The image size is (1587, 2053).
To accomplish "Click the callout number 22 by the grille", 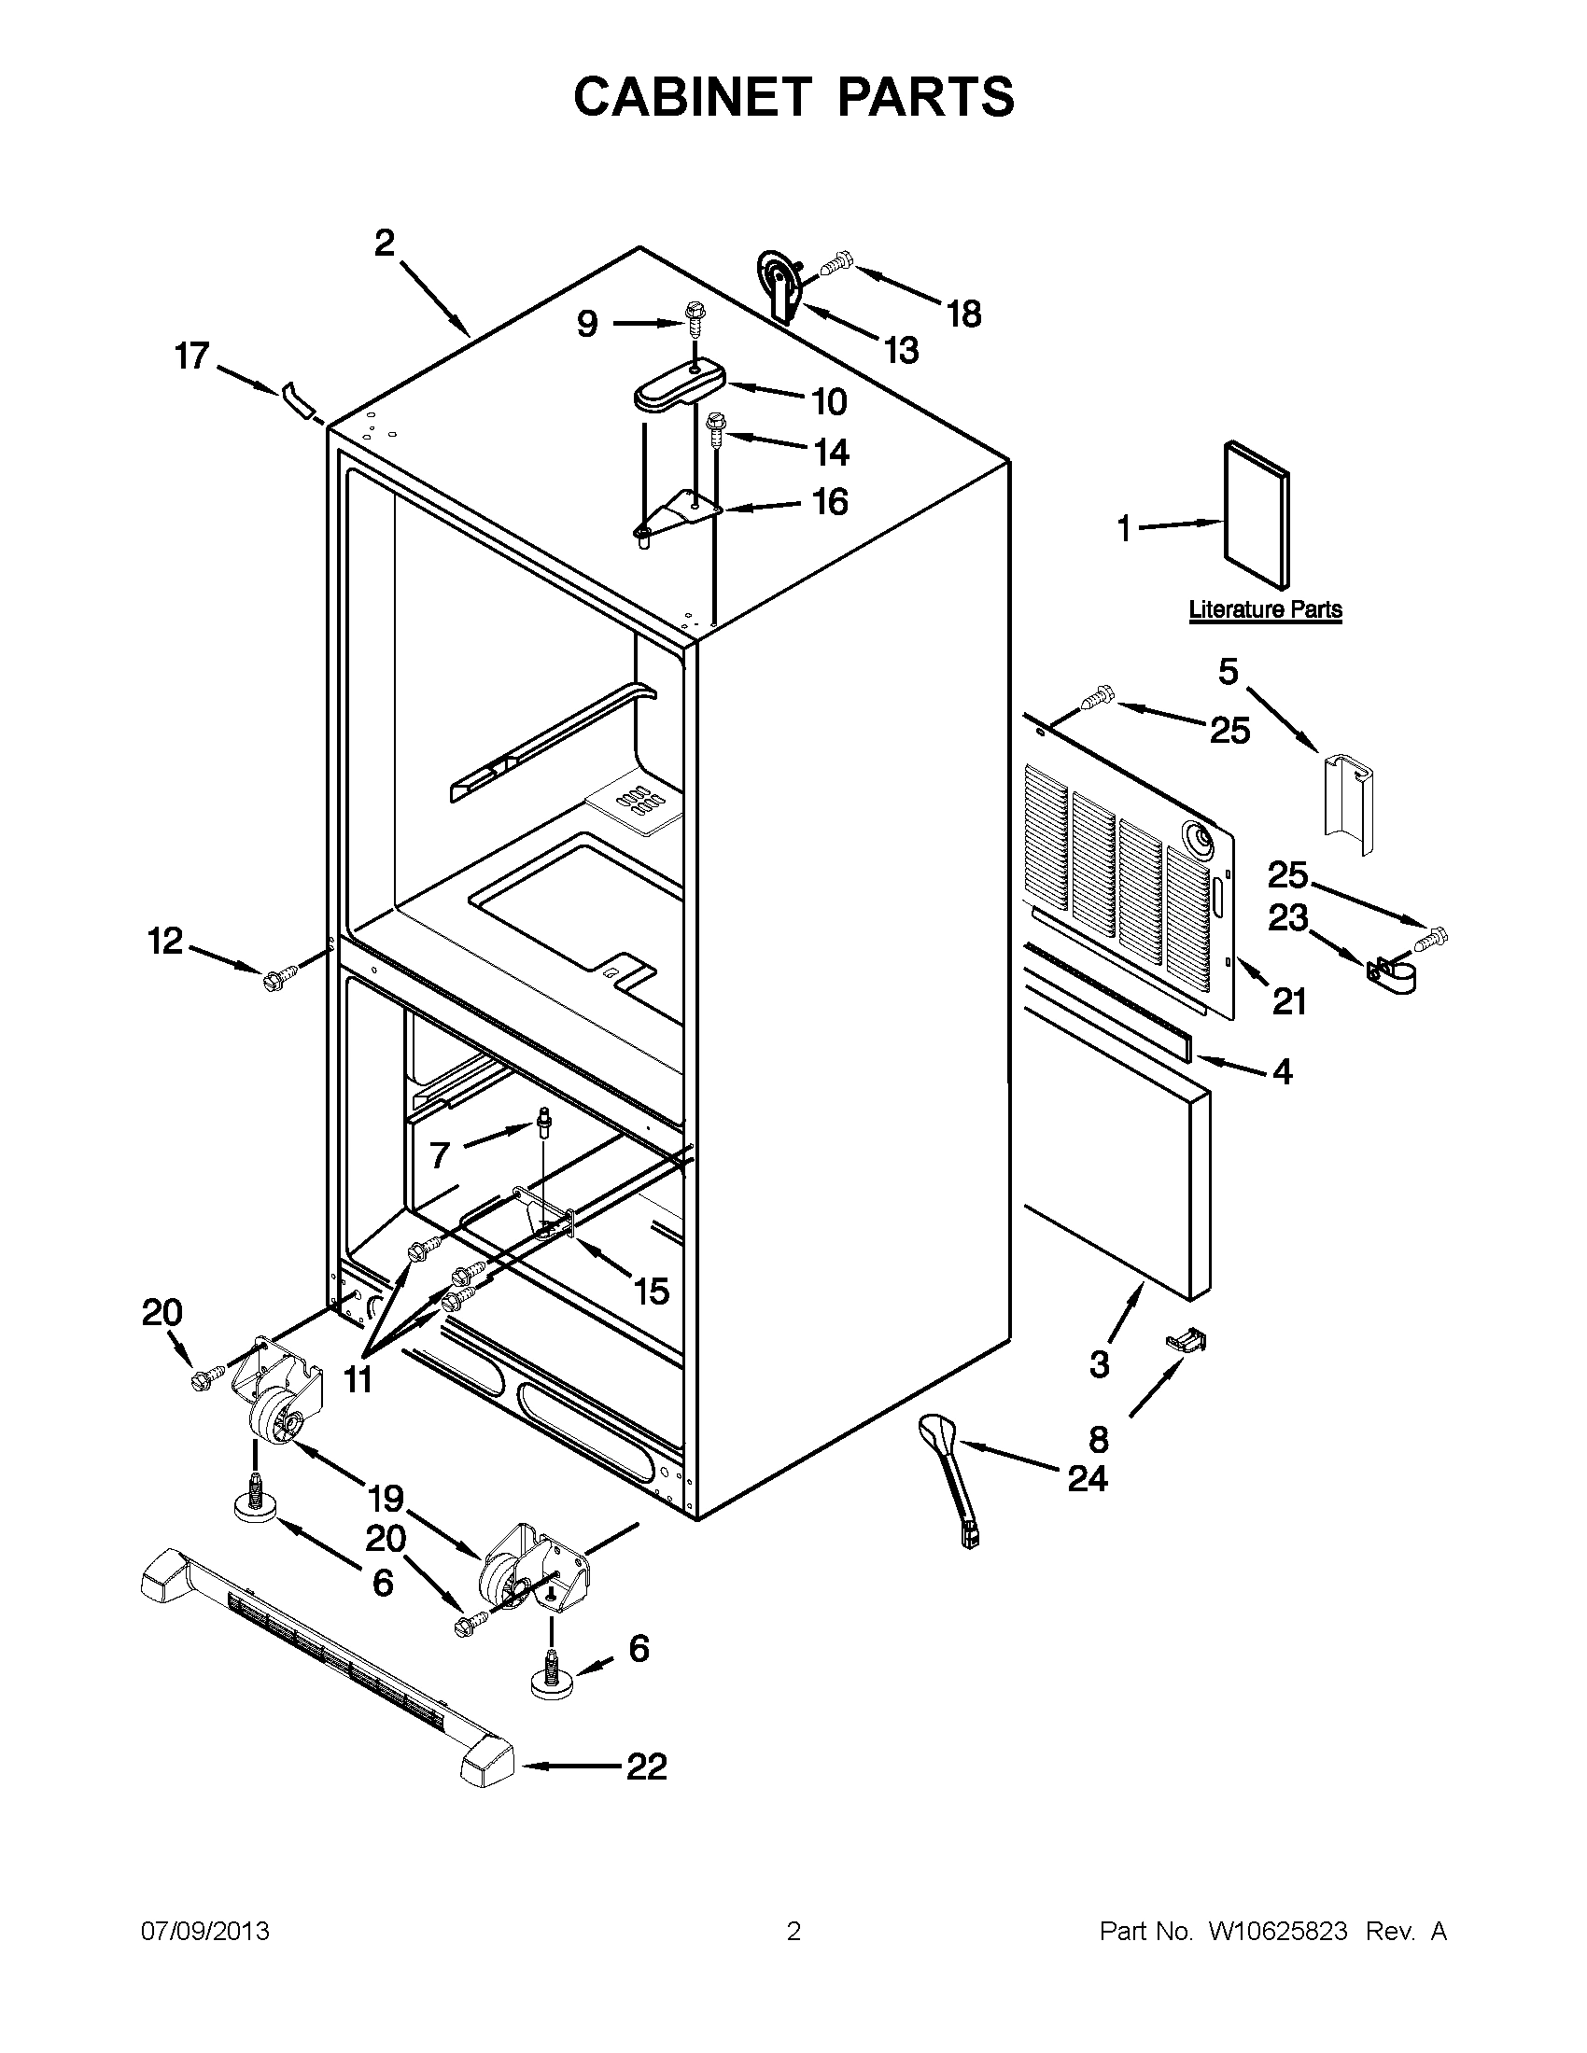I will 646,1766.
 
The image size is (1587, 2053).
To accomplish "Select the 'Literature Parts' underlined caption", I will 1266,609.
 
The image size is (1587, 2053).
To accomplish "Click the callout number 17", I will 191,356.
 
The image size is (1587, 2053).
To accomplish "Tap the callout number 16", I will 830,502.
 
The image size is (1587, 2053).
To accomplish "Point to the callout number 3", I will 1099,1363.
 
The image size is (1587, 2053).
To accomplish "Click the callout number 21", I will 1289,1002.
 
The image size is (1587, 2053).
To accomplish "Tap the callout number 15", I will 652,1291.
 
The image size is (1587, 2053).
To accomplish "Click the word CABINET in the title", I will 693,96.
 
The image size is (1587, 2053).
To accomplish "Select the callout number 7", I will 440,1155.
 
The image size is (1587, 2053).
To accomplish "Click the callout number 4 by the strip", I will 1283,1070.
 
